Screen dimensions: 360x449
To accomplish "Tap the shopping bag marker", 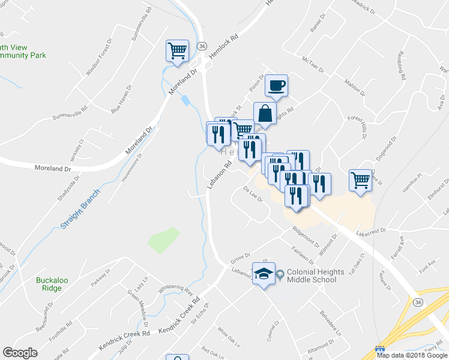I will pos(265,113).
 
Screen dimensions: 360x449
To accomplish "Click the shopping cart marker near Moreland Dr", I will pos(178,50).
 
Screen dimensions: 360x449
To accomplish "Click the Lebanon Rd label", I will pos(218,172).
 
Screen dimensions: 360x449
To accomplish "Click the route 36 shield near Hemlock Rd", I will pos(202,46).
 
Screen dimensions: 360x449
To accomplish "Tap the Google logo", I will pos(20,353).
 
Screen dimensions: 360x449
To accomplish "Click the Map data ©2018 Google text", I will pos(412,355).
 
